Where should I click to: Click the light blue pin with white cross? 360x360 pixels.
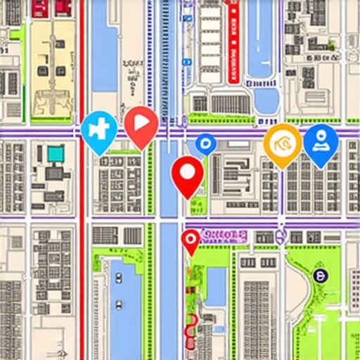click(98, 131)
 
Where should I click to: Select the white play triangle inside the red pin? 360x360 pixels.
click(142, 122)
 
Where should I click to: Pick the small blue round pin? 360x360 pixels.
click(205, 144)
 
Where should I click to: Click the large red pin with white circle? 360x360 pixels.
click(187, 174)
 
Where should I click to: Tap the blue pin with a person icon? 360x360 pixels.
click(321, 143)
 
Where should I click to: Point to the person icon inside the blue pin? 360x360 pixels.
click(321, 138)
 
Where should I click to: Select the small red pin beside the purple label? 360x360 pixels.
click(191, 241)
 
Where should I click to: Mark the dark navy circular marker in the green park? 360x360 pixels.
click(319, 276)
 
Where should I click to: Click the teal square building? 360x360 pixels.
click(55, 153)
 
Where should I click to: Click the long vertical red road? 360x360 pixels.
click(82, 211)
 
